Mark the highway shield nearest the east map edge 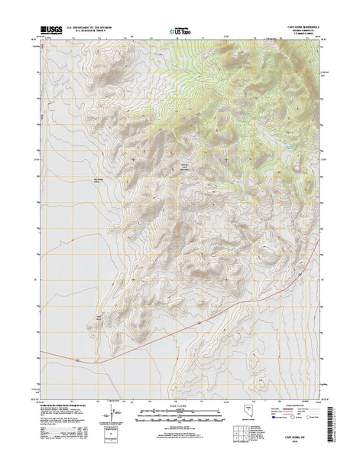click(x=303, y=272)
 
